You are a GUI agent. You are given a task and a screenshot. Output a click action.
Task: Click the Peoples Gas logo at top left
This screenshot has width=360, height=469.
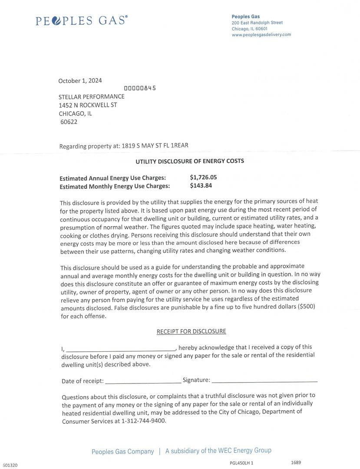coord(82,20)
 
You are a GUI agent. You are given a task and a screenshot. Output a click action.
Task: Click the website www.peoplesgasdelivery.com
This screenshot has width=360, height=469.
coord(261,35)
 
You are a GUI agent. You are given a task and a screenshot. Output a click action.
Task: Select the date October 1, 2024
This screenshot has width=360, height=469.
coord(80,81)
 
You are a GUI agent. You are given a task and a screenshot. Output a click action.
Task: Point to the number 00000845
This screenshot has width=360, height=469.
coord(140,88)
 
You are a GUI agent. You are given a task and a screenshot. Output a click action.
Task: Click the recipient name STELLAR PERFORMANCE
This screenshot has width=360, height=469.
coord(92,96)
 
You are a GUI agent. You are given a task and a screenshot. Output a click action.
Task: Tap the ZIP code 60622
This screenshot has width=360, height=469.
coord(69,122)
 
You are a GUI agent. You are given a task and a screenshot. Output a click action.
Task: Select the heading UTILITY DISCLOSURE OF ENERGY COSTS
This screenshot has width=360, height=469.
coord(190,161)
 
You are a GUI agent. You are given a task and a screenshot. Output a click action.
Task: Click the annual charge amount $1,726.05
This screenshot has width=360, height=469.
coord(203,177)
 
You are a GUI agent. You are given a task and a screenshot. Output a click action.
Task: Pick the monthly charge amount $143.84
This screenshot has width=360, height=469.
coord(201,185)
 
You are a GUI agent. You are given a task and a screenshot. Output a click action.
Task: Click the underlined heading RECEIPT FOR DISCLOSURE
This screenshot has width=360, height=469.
coord(191,331)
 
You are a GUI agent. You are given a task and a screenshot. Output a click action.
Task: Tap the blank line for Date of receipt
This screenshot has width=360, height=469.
coord(143,382)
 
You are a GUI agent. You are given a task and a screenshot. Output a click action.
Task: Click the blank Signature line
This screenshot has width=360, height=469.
coord(264,380)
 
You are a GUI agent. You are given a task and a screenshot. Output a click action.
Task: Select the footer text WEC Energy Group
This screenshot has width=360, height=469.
coord(245,450)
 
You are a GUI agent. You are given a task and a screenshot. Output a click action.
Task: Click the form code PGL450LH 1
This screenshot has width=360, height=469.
coord(241,463)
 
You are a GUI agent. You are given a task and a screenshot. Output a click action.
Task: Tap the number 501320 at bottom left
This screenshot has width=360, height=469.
coord(10,465)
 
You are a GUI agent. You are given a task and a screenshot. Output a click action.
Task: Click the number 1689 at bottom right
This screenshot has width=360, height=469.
coord(296,462)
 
